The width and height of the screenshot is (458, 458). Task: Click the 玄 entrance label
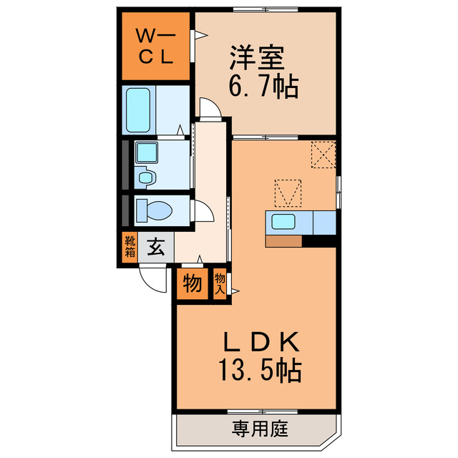155,248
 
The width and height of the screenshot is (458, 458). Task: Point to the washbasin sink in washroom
147,152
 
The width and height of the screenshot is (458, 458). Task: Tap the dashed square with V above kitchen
288,192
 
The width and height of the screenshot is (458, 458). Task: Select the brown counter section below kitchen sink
283,241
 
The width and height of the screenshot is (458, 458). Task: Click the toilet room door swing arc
204,212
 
